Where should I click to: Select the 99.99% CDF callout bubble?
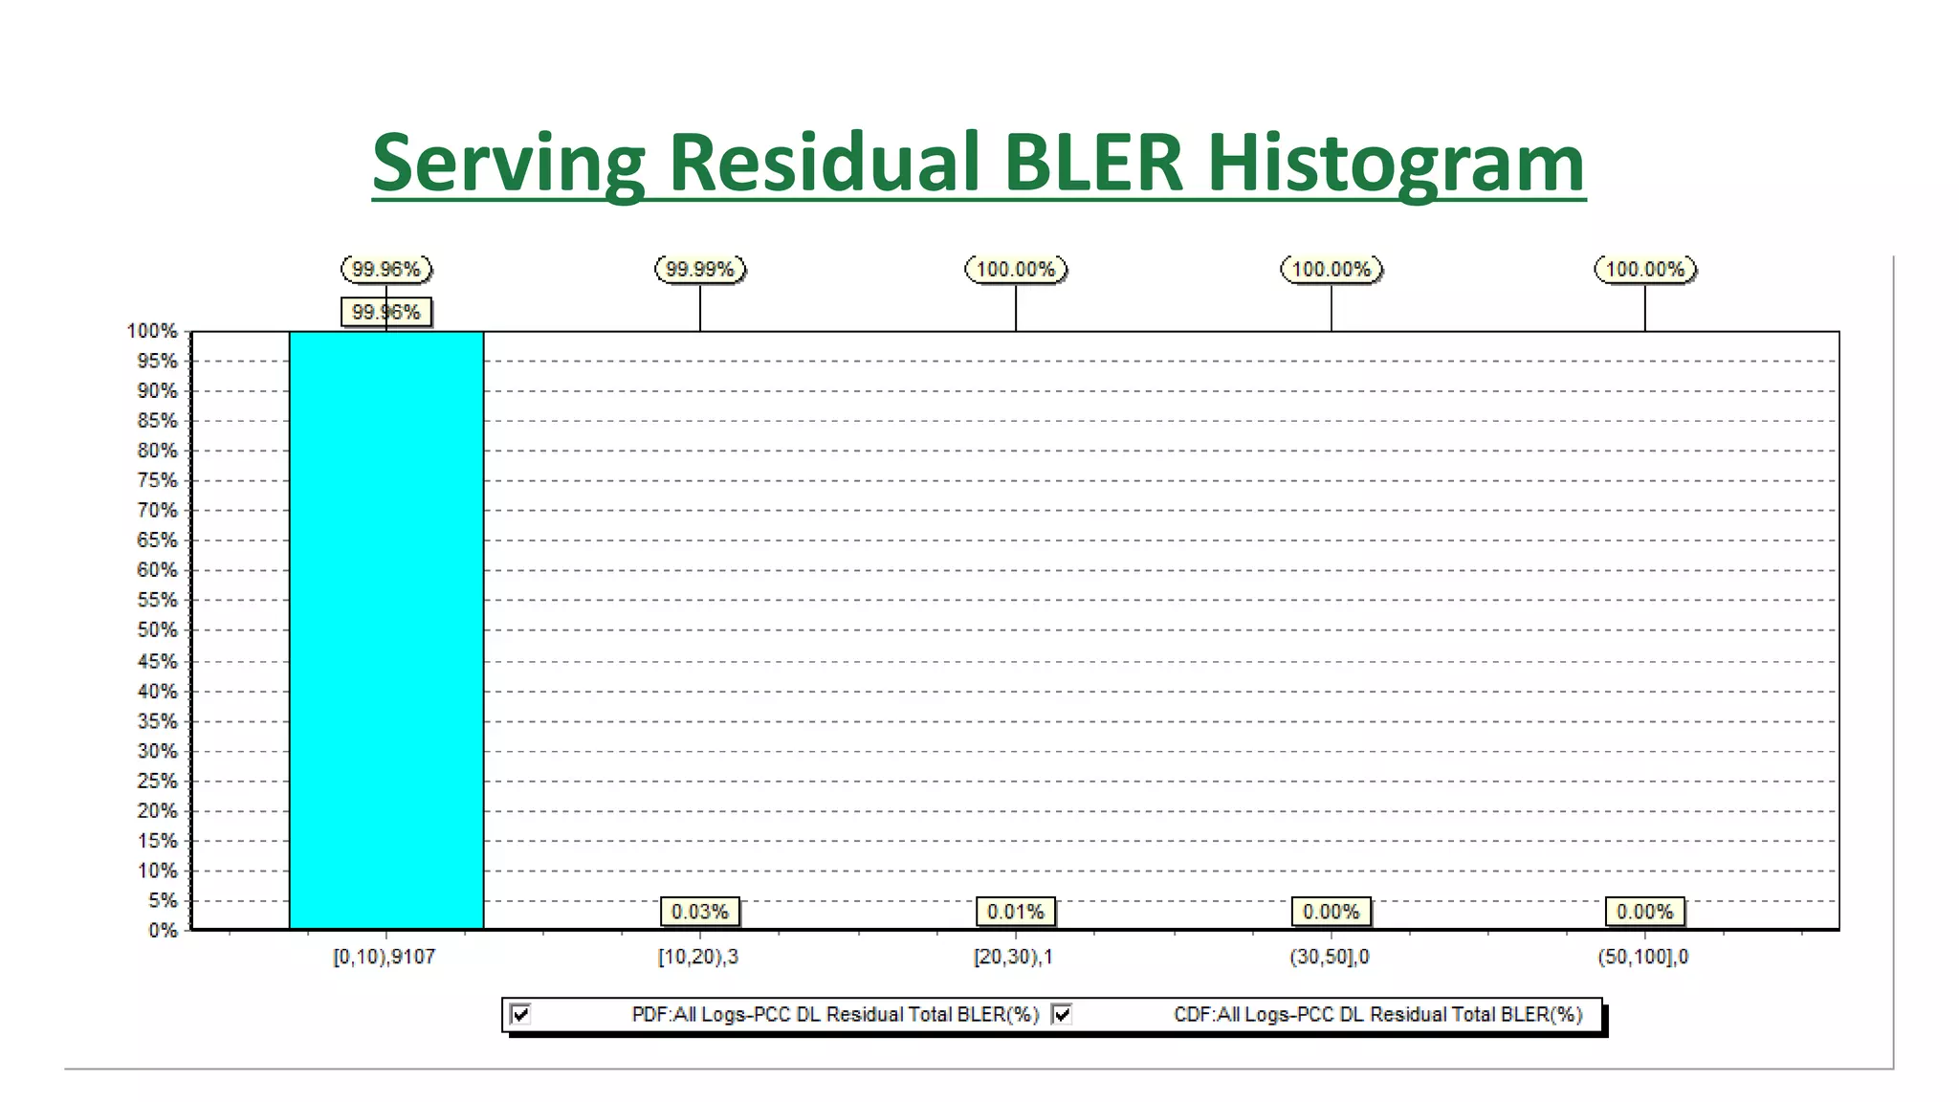(x=700, y=270)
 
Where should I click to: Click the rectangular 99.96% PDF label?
(x=386, y=312)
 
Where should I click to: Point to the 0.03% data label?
(x=700, y=912)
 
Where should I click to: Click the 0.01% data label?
(x=1015, y=912)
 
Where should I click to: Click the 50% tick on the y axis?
(x=158, y=630)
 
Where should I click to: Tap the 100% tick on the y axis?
(x=153, y=331)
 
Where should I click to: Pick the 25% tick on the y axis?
(x=158, y=781)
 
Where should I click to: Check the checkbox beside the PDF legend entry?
(x=521, y=1014)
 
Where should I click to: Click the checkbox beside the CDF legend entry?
(x=1062, y=1014)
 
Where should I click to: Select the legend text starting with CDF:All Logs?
(x=1377, y=1014)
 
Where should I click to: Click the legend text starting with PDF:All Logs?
(x=835, y=1014)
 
